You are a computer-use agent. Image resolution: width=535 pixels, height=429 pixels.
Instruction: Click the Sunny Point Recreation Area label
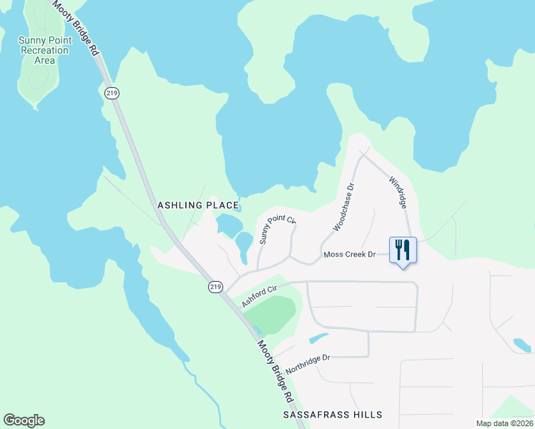(44, 50)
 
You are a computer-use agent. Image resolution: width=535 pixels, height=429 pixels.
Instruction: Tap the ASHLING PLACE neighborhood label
(197, 205)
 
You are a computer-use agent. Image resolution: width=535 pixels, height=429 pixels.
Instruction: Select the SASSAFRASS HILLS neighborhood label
(333, 415)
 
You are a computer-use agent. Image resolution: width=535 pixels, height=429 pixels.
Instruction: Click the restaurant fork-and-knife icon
(402, 250)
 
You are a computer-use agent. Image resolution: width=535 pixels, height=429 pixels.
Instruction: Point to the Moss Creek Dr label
(350, 255)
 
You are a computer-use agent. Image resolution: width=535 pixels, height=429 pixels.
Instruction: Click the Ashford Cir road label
(258, 297)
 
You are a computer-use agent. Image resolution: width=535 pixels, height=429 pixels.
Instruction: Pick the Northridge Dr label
(308, 365)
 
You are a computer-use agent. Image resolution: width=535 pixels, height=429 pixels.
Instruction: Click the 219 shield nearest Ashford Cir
(215, 287)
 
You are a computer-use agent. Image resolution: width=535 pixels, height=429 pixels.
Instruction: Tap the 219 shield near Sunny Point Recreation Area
(111, 93)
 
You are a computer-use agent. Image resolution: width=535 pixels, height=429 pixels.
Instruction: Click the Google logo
(24, 420)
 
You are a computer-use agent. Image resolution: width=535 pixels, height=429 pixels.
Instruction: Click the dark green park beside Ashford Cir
(275, 315)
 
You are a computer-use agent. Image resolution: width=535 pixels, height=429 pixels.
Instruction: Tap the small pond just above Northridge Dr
(318, 337)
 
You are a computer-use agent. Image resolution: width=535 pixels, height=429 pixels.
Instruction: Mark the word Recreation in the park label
(44, 50)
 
